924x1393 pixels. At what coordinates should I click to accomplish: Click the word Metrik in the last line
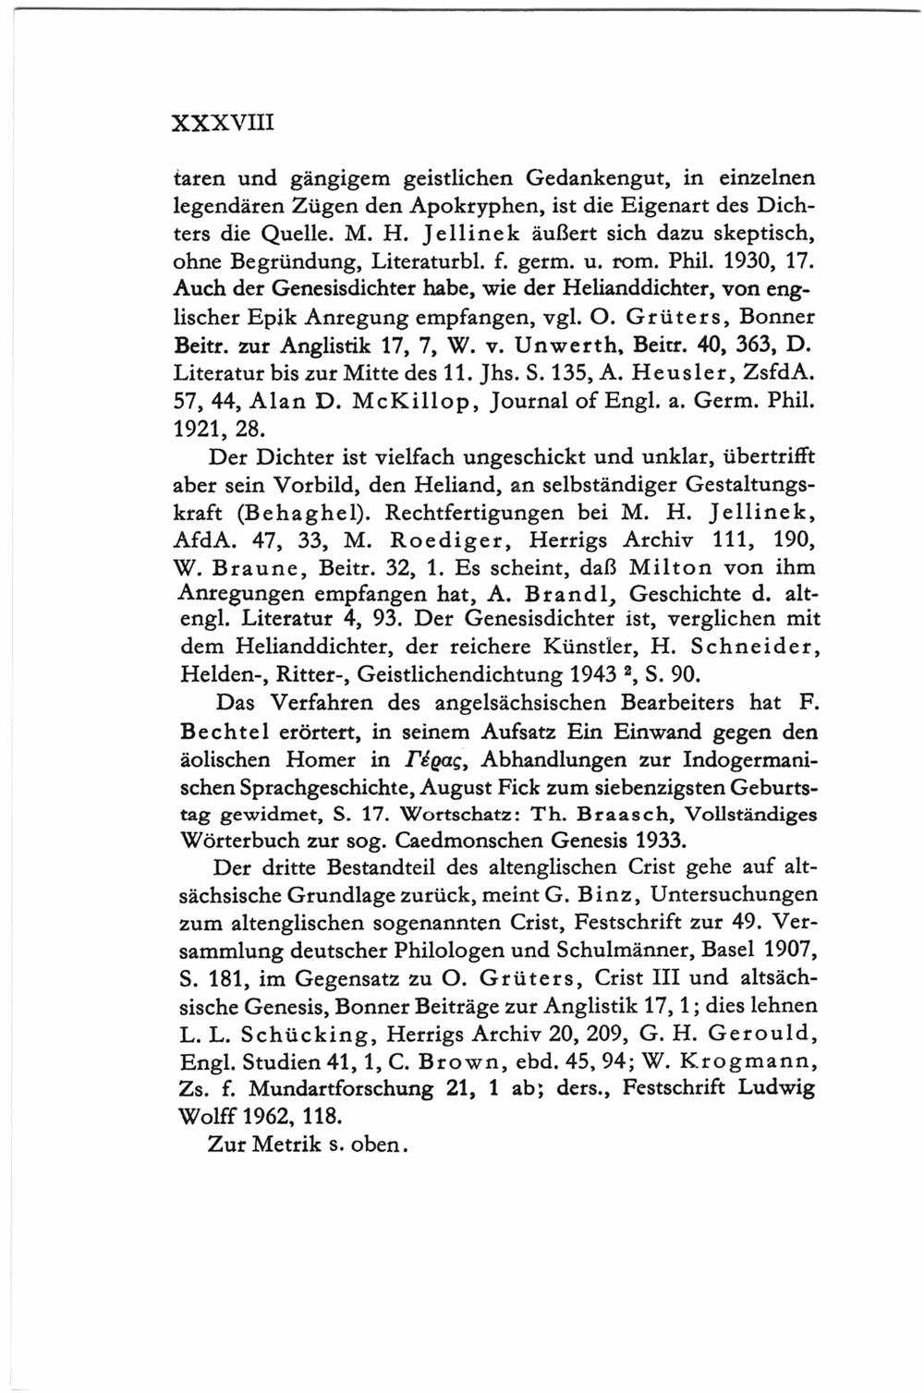(291, 1144)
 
